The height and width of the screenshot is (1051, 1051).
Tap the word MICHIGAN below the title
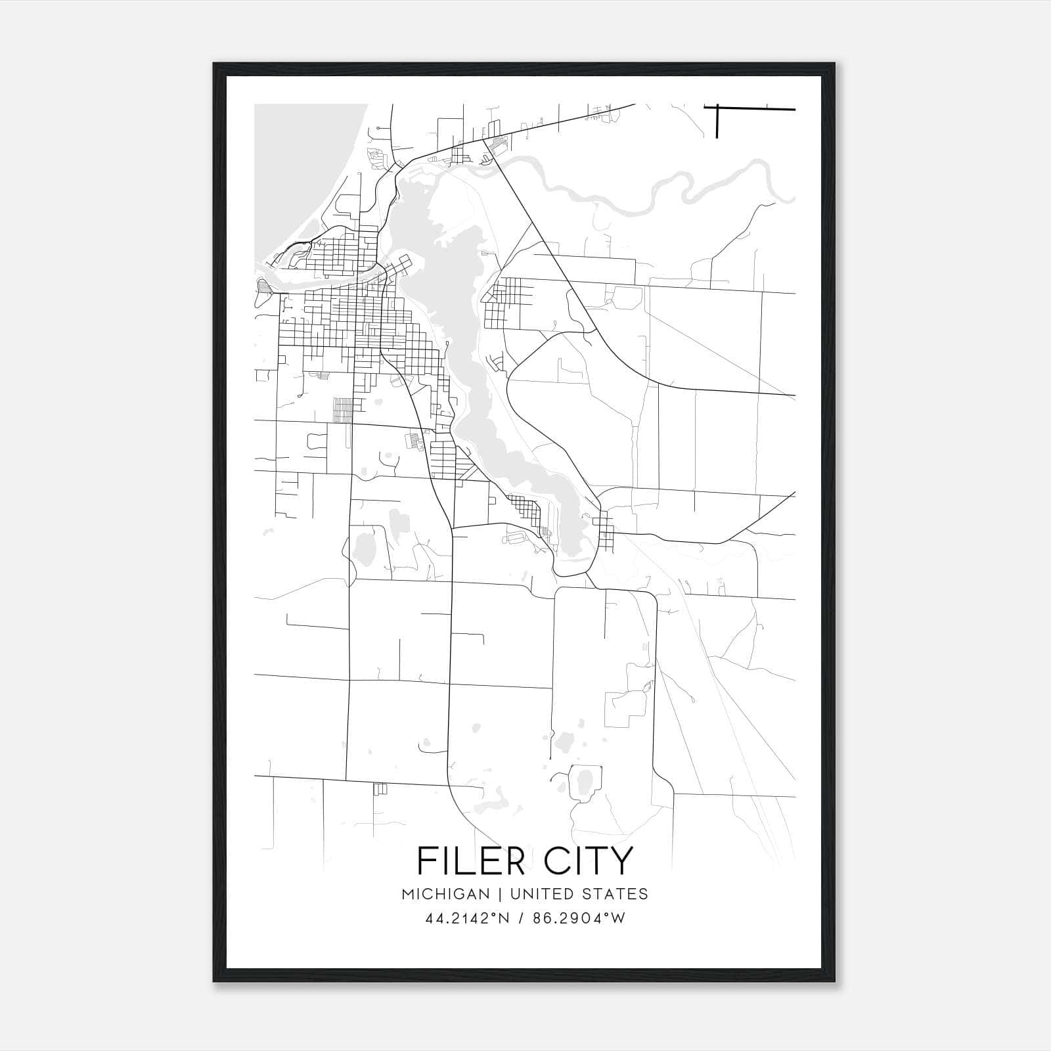tap(446, 894)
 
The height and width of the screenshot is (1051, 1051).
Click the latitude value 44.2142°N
tap(467, 918)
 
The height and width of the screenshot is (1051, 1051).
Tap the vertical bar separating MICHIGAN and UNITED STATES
tap(500, 894)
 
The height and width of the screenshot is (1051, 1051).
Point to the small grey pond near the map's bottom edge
tap(583, 782)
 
